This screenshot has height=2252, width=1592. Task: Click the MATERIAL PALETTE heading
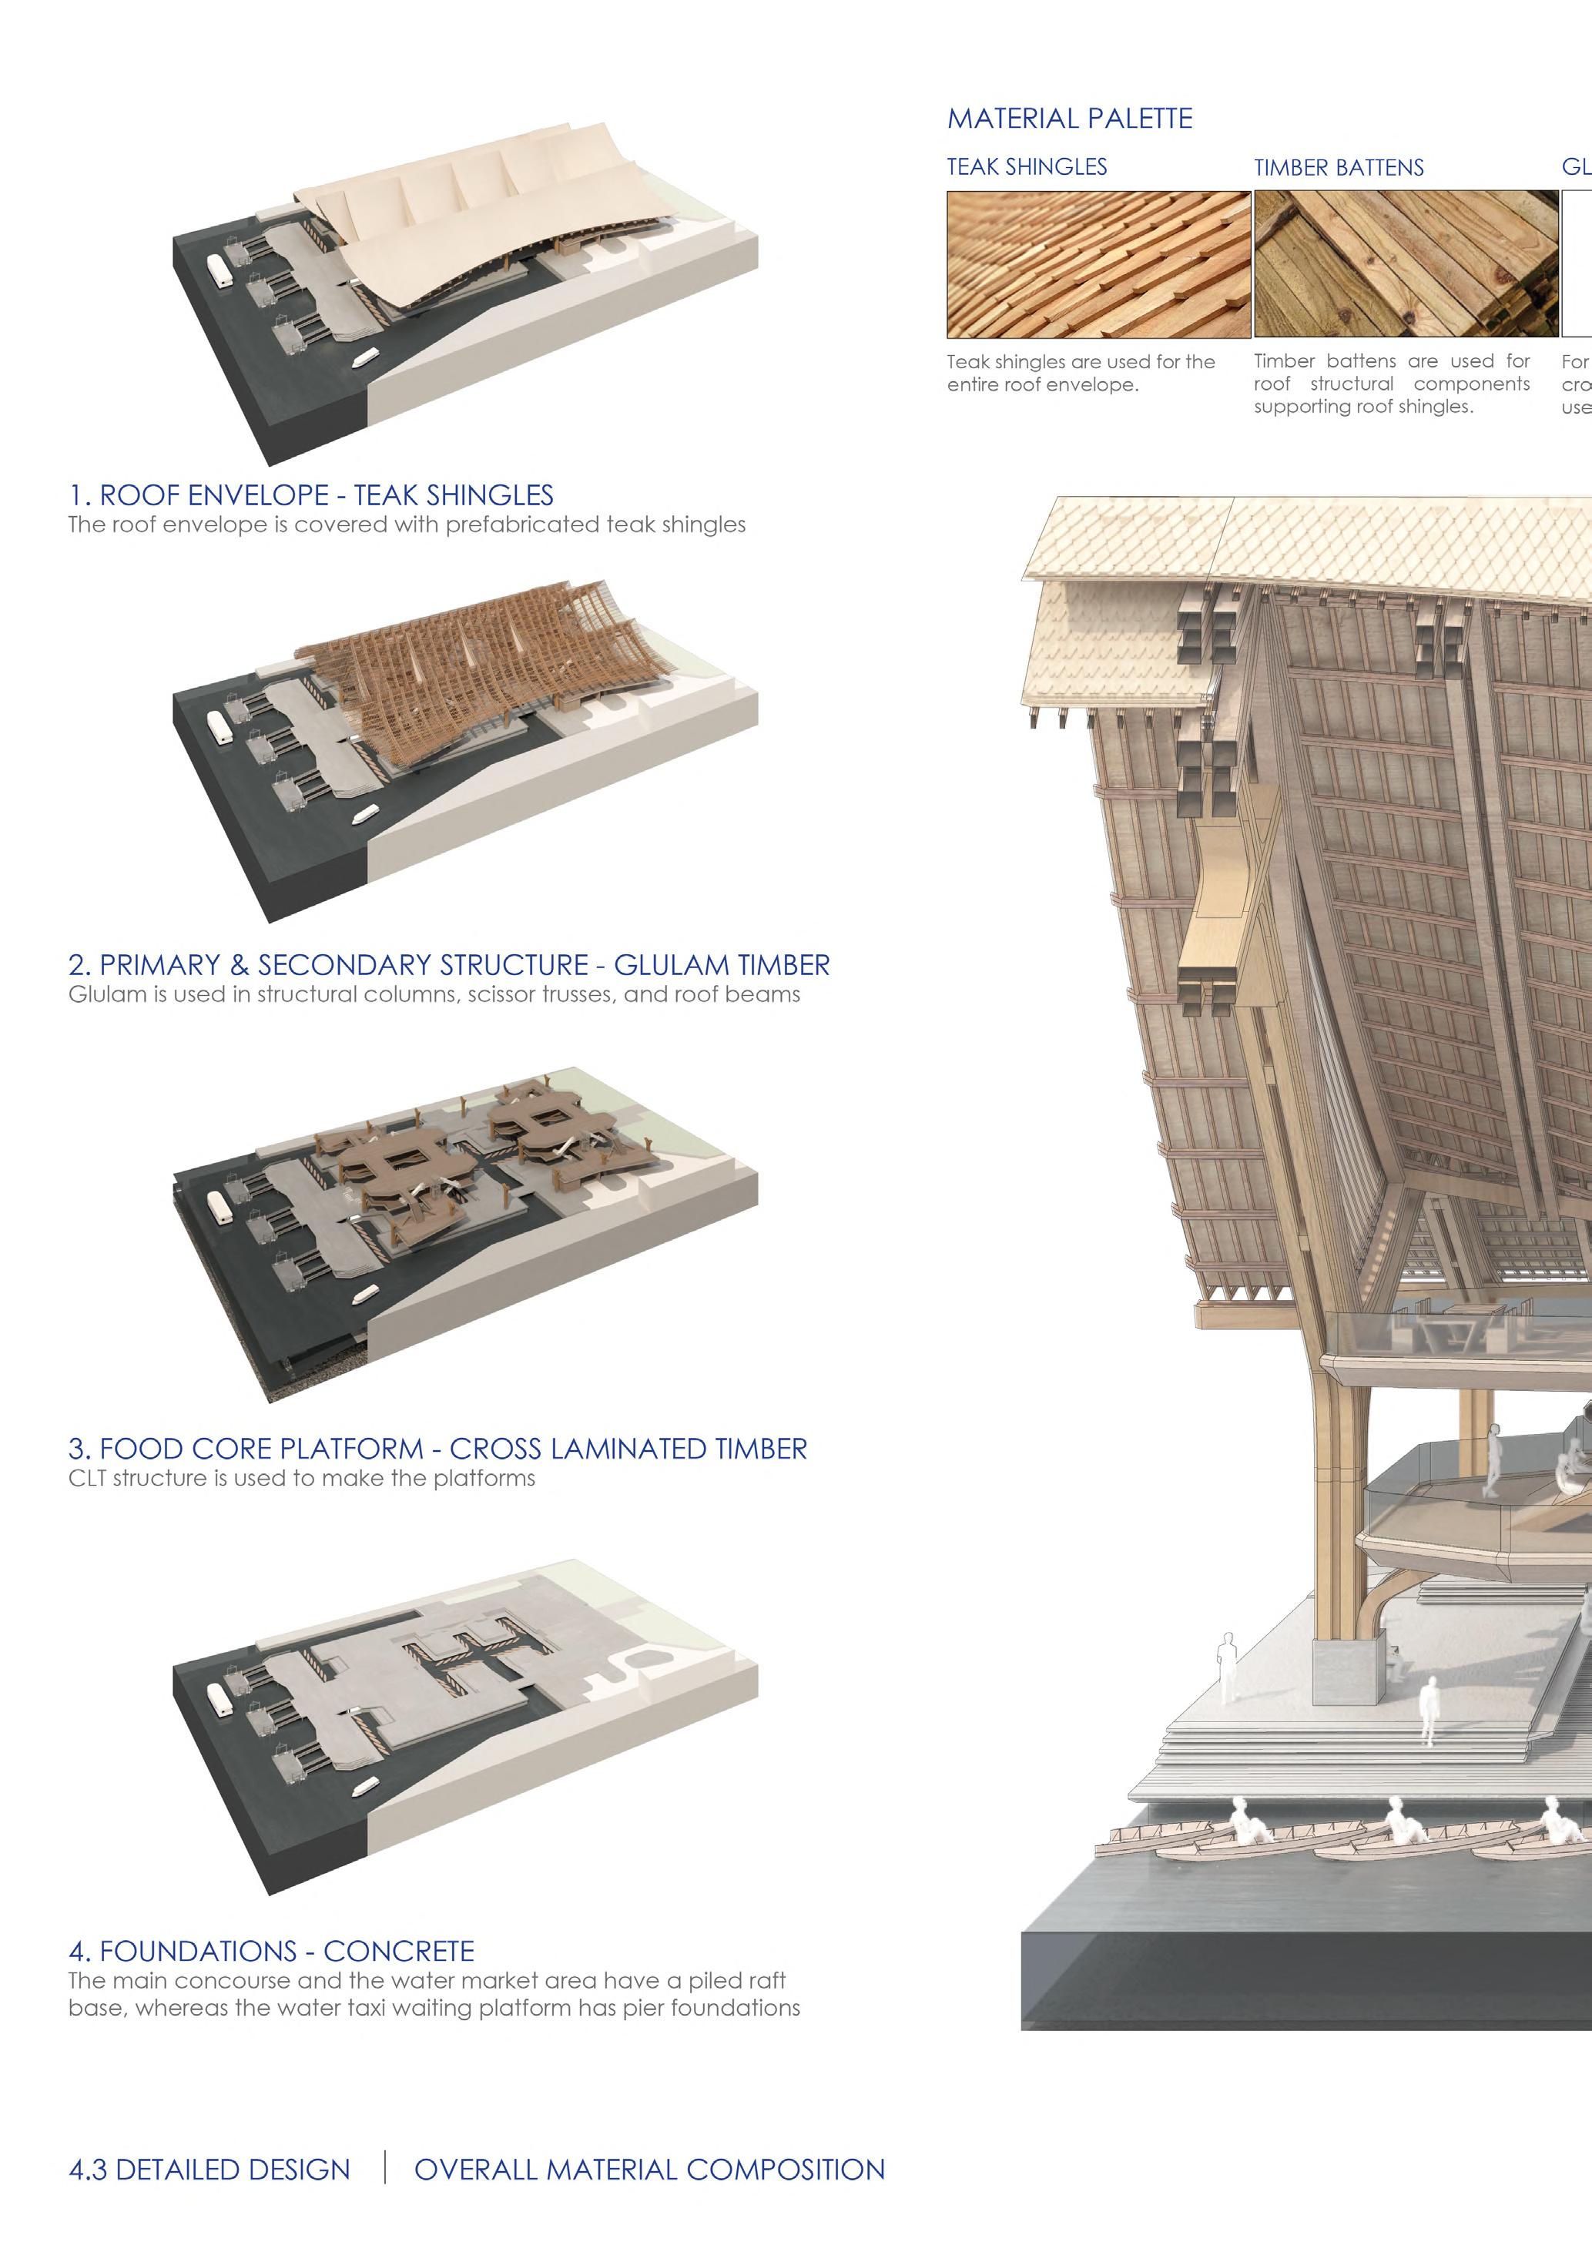[1069, 119]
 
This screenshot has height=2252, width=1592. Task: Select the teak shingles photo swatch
[1098, 264]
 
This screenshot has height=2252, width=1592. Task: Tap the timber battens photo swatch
[1405, 264]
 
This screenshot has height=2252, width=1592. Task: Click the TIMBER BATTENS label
[1338, 168]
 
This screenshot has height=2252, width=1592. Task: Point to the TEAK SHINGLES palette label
[1026, 166]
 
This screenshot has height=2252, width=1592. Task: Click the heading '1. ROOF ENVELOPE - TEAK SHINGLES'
[311, 495]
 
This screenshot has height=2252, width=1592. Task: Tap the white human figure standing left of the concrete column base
[1226, 1667]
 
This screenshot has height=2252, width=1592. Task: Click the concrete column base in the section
[1348, 1675]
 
